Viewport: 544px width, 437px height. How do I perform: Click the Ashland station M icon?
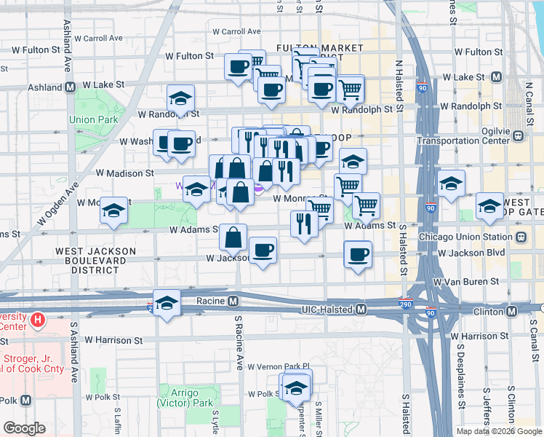[71, 87]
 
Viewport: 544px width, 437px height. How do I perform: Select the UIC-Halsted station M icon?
[361, 310]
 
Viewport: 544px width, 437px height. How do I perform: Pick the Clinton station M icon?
[512, 311]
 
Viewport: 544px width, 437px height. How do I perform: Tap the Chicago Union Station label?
[465, 237]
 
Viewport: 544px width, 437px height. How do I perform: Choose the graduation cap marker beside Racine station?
[167, 304]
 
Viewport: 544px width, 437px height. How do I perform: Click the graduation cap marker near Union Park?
[181, 98]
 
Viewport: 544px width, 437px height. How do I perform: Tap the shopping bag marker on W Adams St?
[233, 237]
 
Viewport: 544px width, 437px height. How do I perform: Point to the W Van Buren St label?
[465, 281]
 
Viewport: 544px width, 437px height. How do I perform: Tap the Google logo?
[24, 428]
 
